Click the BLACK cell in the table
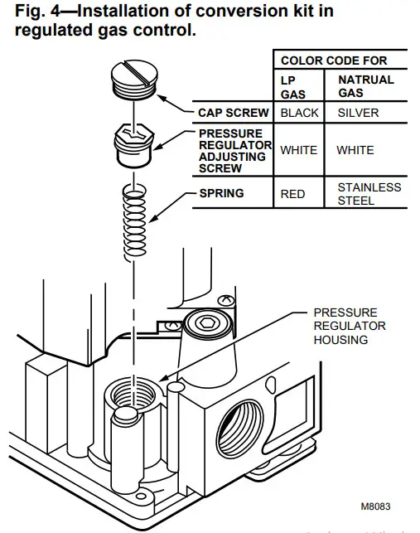[x=299, y=113]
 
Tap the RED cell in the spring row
[x=293, y=194]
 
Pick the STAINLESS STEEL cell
[x=369, y=194]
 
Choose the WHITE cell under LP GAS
[x=298, y=151]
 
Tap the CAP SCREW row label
[x=233, y=113]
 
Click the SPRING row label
[x=221, y=193]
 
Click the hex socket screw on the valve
[x=204, y=324]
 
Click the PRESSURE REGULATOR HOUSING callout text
[x=349, y=326]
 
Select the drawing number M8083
[x=374, y=506]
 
